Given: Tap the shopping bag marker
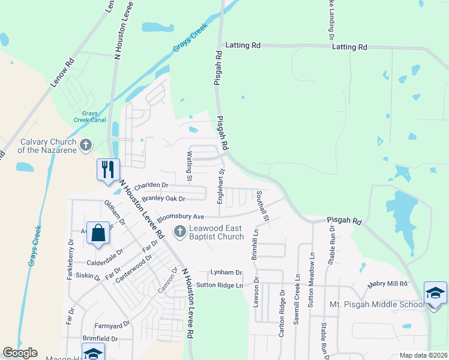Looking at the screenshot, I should click(98, 232).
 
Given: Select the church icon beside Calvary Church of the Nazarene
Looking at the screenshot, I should click(86, 145).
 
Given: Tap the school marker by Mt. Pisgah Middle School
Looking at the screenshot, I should click(435, 293).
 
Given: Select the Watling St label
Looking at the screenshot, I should click(188, 166).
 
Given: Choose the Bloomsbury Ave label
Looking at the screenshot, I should click(181, 217).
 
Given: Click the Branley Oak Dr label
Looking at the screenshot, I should click(165, 198).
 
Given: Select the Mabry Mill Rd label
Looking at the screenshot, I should click(388, 283).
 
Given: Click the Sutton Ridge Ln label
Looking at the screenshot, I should click(220, 285).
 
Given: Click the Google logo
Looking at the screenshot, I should click(20, 353).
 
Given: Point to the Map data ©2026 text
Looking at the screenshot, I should click(423, 355).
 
